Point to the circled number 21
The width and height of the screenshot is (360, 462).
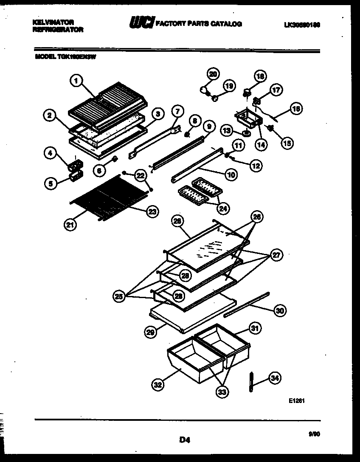pos(71,225)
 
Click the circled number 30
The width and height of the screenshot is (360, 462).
pos(279,311)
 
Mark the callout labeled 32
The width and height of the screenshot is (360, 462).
pos(158,386)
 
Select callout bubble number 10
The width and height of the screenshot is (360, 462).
pos(232,174)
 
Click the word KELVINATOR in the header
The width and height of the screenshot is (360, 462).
pos(53,21)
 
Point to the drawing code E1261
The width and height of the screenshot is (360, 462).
pos(297,400)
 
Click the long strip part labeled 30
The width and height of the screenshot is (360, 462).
pos(246,304)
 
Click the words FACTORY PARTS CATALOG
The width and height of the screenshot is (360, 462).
pos(200,24)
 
